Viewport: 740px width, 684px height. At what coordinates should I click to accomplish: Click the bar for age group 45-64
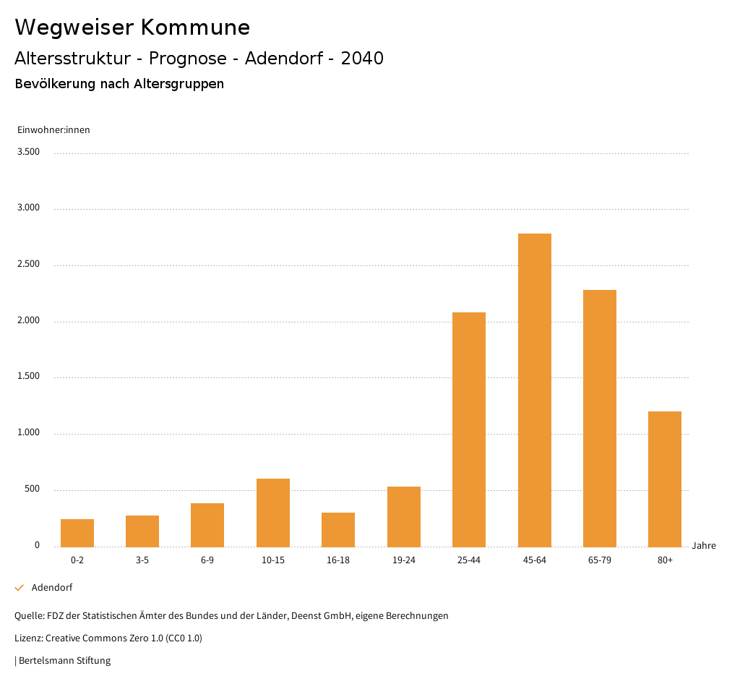click(534, 390)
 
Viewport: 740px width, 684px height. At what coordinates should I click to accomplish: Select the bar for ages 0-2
click(77, 533)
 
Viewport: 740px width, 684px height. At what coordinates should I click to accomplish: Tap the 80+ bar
click(665, 479)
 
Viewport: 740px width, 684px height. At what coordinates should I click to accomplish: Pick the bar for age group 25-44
click(469, 429)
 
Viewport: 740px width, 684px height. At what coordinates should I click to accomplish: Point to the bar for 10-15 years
click(273, 513)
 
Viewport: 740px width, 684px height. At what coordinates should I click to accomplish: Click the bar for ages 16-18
click(338, 529)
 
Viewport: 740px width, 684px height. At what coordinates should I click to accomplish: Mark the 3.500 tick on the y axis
click(29, 152)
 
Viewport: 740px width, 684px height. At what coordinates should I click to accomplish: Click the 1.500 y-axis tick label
click(29, 377)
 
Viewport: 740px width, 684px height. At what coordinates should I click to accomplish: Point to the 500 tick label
click(33, 490)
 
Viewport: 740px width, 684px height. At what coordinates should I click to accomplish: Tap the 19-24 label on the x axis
click(404, 560)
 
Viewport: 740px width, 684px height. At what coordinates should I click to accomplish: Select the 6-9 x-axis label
click(207, 560)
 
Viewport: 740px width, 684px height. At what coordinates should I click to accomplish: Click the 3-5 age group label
click(142, 560)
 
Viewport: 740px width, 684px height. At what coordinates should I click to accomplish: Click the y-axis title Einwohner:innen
click(53, 130)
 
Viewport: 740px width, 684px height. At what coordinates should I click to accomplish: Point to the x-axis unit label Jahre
click(704, 546)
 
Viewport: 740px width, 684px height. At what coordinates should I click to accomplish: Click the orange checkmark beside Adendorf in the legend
click(20, 588)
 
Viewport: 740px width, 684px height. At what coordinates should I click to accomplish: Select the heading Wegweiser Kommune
click(132, 27)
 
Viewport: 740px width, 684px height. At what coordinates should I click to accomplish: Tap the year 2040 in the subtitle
click(362, 59)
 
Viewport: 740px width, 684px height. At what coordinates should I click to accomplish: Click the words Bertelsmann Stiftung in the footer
click(65, 661)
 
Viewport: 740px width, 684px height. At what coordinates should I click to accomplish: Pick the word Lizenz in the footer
click(28, 638)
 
